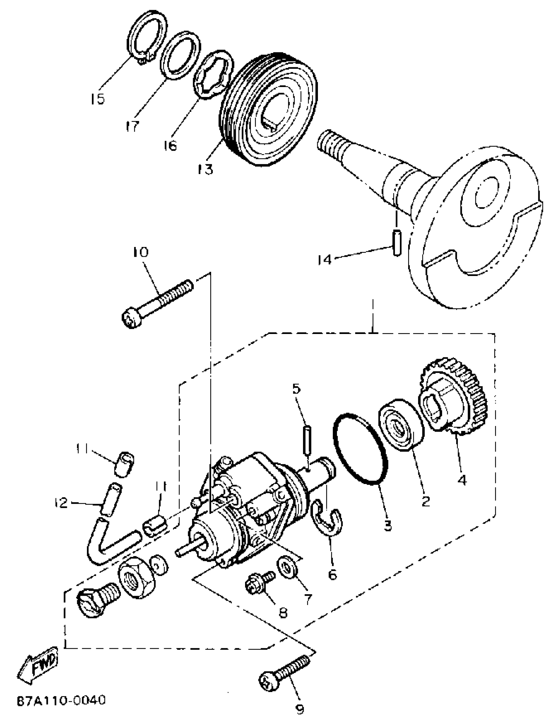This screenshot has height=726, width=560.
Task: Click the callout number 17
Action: tap(132, 126)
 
